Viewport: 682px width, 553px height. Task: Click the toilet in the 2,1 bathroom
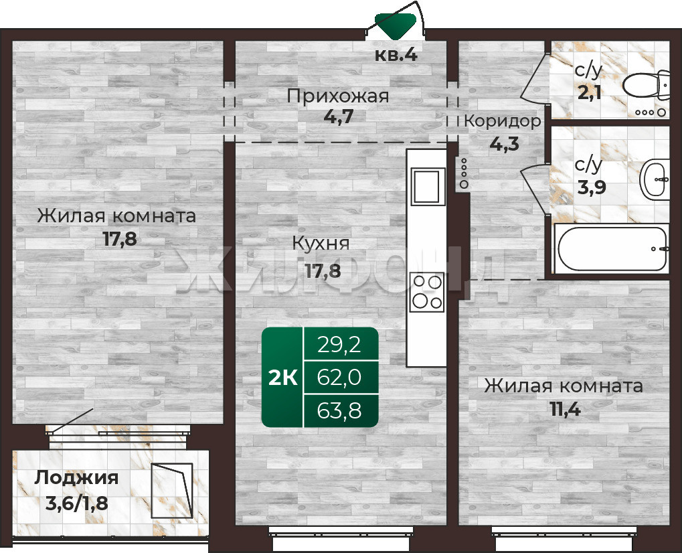click(647, 85)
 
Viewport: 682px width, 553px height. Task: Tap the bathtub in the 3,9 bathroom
click(612, 249)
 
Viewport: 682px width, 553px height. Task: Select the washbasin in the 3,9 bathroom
click(654, 179)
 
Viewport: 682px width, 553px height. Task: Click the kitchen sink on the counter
click(426, 186)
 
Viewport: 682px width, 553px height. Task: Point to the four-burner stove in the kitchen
click(427, 293)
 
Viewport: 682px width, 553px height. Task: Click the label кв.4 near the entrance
click(396, 56)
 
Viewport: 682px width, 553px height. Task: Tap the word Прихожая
click(337, 96)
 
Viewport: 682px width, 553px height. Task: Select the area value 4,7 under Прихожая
click(339, 116)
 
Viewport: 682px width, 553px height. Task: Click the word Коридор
click(503, 121)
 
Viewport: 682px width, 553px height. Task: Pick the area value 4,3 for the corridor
click(505, 143)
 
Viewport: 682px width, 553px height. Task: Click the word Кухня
click(321, 244)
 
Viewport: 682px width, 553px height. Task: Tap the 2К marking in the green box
click(282, 378)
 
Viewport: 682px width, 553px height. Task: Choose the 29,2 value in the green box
click(339, 345)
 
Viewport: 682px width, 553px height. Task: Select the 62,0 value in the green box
click(339, 377)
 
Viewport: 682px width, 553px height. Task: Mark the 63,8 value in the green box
click(339, 410)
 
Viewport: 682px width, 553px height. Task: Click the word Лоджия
click(76, 478)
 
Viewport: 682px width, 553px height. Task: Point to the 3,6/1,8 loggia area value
click(77, 503)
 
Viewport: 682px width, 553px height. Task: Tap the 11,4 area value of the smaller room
click(566, 410)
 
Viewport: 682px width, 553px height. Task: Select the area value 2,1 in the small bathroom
click(590, 92)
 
